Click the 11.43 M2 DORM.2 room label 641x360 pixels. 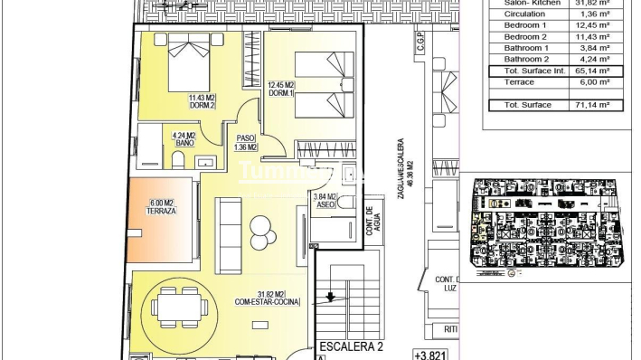201,101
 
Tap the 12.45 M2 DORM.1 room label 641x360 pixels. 282,90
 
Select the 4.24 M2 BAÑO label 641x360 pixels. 184,140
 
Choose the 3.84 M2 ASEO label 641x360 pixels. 324,201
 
